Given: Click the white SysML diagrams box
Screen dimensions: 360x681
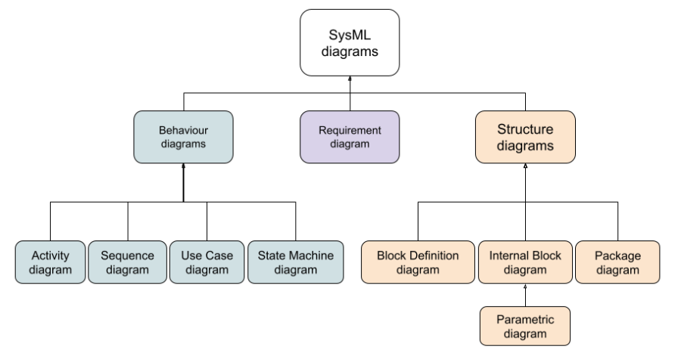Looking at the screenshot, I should coord(349,42).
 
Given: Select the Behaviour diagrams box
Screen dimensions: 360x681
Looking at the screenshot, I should coord(183,137).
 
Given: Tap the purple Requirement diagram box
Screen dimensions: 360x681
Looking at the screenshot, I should coord(349,137).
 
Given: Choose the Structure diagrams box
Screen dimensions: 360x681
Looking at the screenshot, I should coord(525,137).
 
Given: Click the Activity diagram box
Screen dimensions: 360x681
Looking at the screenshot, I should coord(51,262).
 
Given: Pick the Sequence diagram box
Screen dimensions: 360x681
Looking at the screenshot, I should coord(127,262).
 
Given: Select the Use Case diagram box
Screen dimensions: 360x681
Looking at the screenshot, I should coord(207,262).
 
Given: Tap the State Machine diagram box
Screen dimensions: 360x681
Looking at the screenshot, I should coord(295,262).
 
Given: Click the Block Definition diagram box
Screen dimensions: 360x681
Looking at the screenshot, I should coord(418,262).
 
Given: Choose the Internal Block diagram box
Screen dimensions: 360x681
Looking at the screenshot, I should coord(525,262).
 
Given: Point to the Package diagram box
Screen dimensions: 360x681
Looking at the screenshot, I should coord(617,262).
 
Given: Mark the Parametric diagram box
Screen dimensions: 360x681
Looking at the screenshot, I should coord(525,326).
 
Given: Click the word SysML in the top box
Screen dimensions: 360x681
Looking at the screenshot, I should coord(349,35).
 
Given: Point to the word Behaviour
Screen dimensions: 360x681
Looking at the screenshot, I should coord(183,130).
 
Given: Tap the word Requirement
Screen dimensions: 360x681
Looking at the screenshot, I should coord(349,130).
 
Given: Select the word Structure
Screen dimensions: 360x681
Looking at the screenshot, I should coord(525,129).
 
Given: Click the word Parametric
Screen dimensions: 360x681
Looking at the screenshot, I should coord(525,319).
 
